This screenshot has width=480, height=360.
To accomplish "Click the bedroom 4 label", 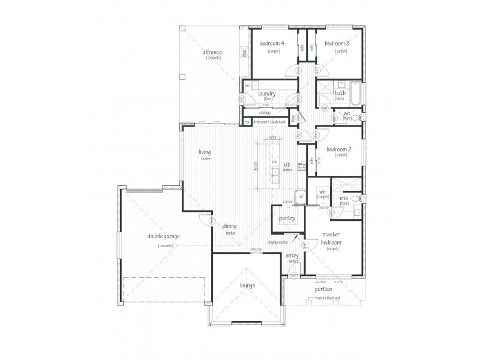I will tap(271, 44).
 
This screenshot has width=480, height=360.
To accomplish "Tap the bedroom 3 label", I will tap(337, 44).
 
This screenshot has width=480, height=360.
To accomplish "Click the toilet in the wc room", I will tap(357, 116).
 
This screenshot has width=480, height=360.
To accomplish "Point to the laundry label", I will tap(266, 94).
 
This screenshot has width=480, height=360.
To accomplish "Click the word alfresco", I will tap(212, 53).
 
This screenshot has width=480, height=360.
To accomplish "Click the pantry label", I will tap(287, 219).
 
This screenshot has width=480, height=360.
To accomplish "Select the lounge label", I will tap(247, 286).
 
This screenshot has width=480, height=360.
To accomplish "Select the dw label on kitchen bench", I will tap(274, 162).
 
